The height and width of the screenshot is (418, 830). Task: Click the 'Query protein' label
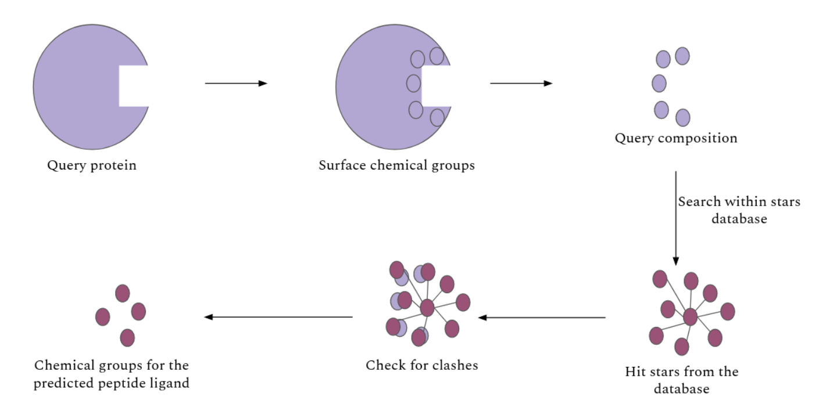coord(91,165)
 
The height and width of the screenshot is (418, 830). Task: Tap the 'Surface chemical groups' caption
coord(396,165)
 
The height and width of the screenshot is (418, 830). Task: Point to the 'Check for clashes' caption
coord(422,366)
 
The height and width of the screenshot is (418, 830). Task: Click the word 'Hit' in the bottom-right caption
coord(636,371)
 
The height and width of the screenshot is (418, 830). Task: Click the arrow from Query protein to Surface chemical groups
coord(235,84)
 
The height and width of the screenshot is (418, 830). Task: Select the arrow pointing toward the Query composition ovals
coord(521,84)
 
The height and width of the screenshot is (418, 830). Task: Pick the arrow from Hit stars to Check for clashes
coord(542,318)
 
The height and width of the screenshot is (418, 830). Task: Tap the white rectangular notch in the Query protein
coord(133,85)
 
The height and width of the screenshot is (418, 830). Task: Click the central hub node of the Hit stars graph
coord(690,317)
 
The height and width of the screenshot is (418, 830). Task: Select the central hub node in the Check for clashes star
coord(427,308)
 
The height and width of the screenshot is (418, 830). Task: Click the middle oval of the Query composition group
coord(659,83)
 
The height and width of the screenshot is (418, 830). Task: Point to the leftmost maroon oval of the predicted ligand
coord(102,316)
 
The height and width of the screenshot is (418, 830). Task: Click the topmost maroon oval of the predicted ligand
coord(122,293)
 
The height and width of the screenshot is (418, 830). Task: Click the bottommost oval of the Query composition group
coord(683,117)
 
